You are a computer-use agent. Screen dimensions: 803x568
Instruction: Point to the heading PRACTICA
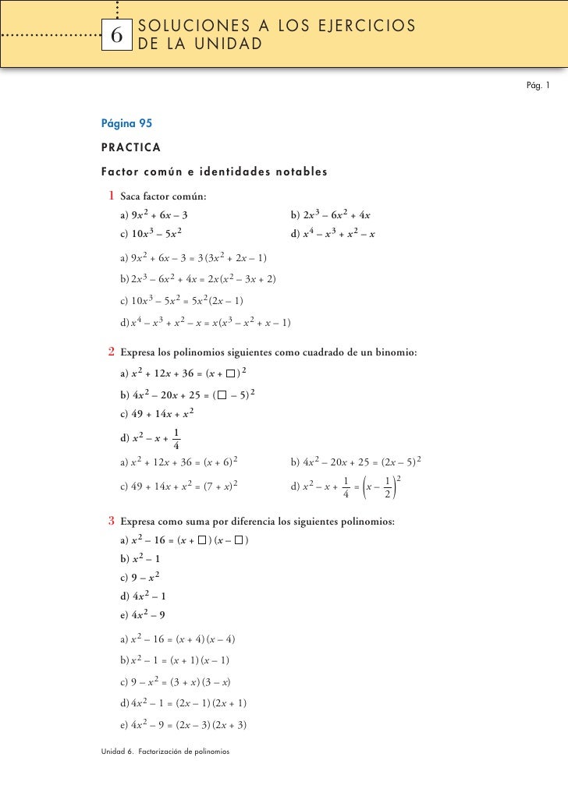tap(131, 147)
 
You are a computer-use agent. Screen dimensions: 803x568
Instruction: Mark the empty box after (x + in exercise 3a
tap(203, 539)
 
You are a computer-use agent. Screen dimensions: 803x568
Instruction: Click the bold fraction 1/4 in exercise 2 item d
tap(178, 440)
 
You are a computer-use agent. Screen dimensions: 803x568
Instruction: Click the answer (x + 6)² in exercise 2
tap(221, 462)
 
